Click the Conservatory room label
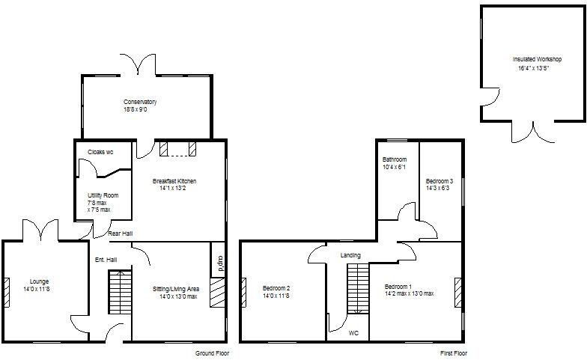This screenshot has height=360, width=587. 140,102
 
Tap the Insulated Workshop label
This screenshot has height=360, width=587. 537,59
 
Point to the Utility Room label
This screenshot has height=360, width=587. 103,195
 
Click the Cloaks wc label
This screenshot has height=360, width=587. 100,152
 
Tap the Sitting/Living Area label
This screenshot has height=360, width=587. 175,288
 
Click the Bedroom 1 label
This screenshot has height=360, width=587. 398,287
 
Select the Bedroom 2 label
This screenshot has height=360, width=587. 276,288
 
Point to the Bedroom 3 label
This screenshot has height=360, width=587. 440,181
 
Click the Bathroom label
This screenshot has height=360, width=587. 395,159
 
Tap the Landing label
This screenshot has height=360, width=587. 350,255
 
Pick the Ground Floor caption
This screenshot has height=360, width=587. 212,353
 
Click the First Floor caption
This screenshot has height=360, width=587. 454,353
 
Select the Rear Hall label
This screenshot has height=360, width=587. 120,234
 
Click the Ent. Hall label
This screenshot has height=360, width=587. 105,260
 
